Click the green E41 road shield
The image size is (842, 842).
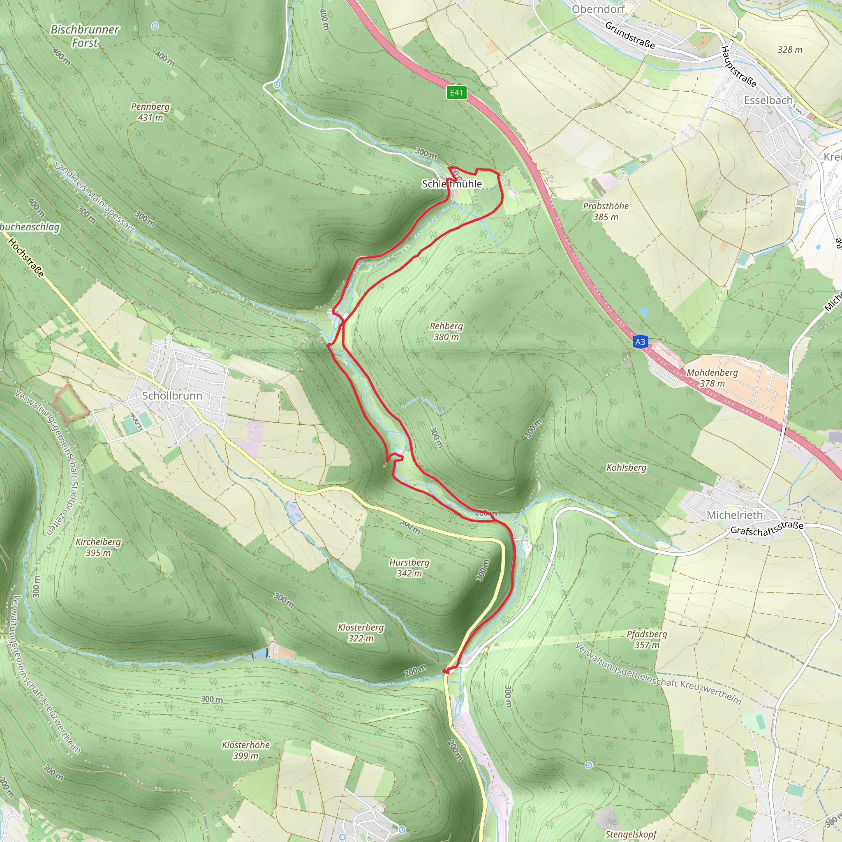pos(456,93)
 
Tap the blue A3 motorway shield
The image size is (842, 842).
pos(640,342)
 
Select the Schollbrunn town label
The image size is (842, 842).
pos(172,396)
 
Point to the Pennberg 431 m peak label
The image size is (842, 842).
pos(150,112)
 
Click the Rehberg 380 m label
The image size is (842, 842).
pos(446,331)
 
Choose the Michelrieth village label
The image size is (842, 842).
pos(734,515)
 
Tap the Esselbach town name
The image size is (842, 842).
pos(768,100)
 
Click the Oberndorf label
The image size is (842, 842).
pos(598,9)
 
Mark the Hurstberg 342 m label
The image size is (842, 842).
pos(409,568)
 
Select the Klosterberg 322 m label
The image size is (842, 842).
pos(361,633)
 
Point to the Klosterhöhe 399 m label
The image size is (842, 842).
pos(246,750)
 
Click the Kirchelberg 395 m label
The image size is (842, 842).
pos(99,547)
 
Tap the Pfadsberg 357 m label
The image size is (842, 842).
pos(647,639)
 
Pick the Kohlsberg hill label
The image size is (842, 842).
pos(627,467)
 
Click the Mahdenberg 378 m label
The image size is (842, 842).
pos(712,378)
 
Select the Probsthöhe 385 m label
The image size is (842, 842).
pos(606,211)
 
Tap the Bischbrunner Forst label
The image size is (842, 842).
pos(85,36)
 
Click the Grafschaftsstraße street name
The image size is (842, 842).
pos(767,528)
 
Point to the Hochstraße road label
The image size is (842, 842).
pos(26,258)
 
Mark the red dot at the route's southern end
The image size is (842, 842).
pos(445,671)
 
